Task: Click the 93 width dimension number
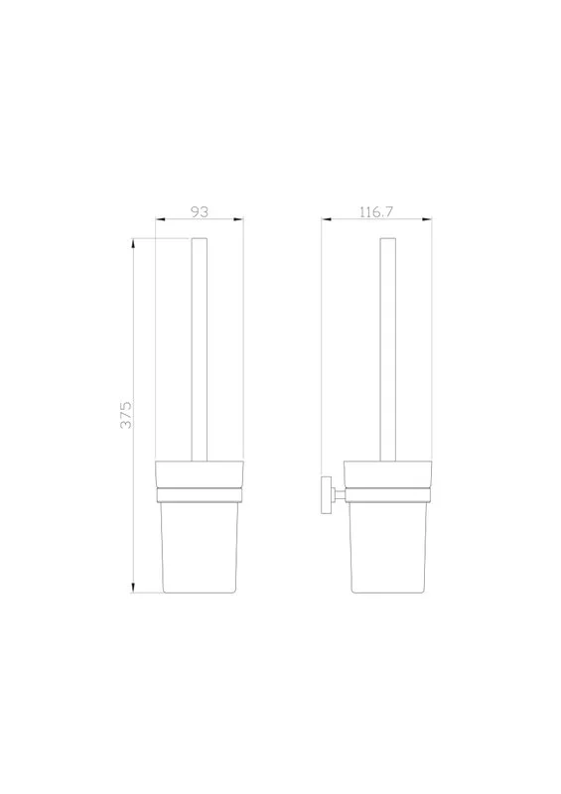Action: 200,211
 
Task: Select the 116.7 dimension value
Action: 376,211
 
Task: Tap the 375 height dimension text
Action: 126,415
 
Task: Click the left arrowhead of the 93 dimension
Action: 161,219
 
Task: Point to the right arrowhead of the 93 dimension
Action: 238,219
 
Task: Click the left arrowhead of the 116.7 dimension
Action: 327,219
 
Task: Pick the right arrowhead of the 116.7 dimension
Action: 427,219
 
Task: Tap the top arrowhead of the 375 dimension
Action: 133,243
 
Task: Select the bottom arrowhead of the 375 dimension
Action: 133,588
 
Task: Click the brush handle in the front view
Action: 200,349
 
